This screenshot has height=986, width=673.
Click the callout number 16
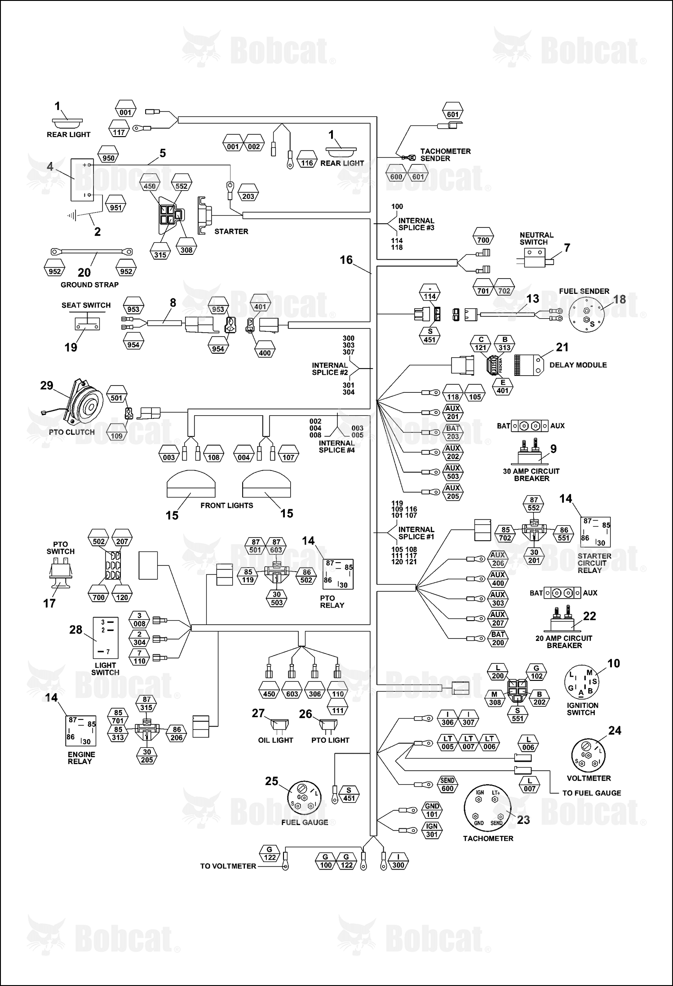pos(346,260)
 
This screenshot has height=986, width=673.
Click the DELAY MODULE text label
pos(578,365)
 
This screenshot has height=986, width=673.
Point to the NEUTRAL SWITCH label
pos(536,238)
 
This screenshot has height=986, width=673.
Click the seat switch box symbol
pos(87,323)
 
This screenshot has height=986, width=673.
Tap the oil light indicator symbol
pos(279,725)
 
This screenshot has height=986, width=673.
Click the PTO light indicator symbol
pos(328,725)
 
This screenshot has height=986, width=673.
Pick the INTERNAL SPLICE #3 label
pos(416,224)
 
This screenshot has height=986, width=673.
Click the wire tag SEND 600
pos(447,784)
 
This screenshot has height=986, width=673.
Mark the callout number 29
pos(47,386)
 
